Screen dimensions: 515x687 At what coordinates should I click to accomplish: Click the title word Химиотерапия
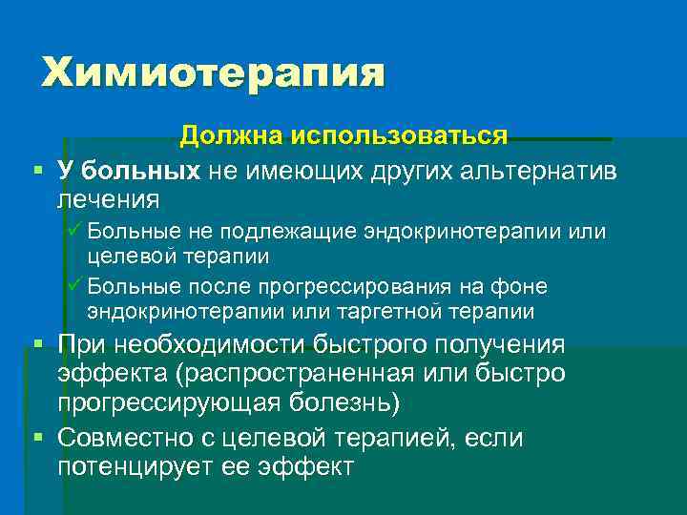click(x=212, y=73)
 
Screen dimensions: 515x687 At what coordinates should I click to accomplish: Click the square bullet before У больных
click(x=37, y=171)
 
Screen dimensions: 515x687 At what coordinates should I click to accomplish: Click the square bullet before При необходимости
click(x=37, y=344)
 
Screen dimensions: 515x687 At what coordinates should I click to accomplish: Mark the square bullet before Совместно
click(x=37, y=438)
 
